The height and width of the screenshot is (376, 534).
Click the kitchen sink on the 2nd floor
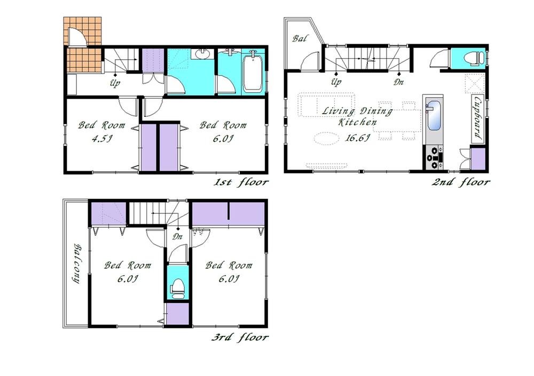433,115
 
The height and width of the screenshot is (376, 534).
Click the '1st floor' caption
241,183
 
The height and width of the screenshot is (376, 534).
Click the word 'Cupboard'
478,118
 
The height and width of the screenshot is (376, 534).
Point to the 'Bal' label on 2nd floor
299,39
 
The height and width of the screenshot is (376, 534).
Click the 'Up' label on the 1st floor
115,83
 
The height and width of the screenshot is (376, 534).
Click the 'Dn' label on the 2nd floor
399,83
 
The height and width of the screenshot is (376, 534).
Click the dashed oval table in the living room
327,139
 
